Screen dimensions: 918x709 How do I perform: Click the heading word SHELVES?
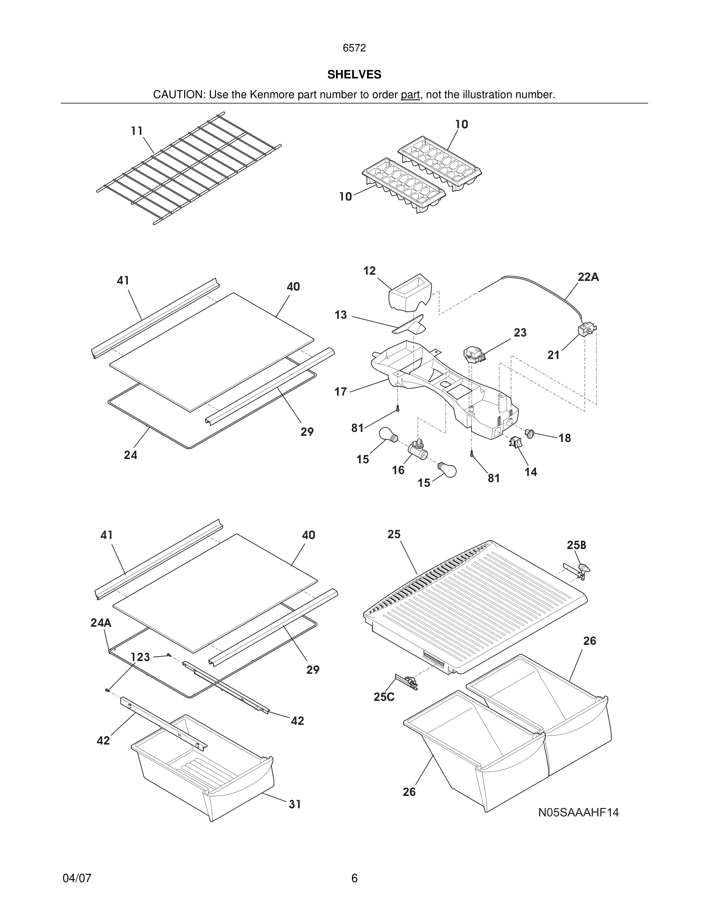(354, 75)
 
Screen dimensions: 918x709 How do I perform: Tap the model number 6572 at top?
(354, 48)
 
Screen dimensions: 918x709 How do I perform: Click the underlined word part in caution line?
(410, 95)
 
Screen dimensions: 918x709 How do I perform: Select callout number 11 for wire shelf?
(136, 131)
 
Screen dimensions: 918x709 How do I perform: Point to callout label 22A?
(588, 277)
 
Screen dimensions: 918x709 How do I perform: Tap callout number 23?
(520, 333)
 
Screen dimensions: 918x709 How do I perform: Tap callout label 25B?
(576, 545)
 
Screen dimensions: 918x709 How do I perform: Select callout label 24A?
(101, 622)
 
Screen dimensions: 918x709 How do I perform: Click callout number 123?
(140, 657)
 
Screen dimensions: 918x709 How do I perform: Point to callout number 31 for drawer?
(295, 804)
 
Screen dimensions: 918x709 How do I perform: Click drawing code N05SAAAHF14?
(578, 813)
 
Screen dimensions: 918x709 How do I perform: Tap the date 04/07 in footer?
(77, 878)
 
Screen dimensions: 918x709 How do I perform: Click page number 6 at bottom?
(354, 878)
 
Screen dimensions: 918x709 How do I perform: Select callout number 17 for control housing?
(340, 392)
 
